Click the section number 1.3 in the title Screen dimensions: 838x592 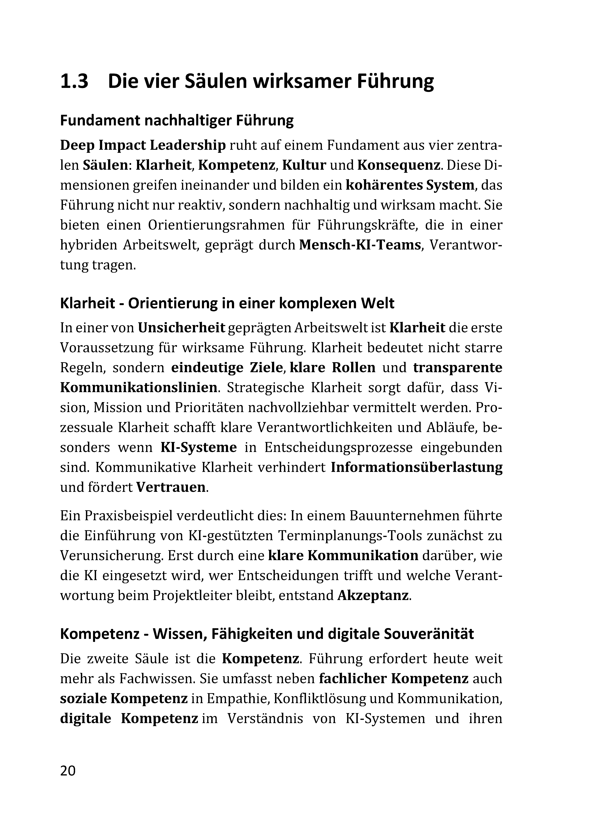[x=74, y=81]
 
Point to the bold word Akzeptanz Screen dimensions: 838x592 [x=372, y=595]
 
